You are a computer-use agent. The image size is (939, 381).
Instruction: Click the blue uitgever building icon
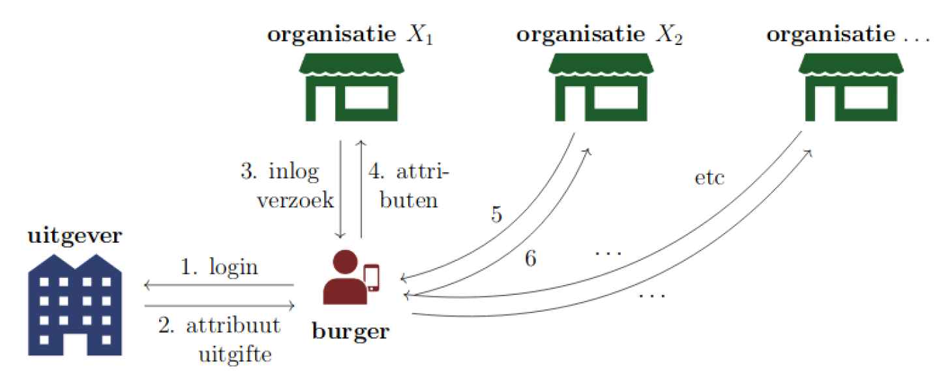[x=74, y=306]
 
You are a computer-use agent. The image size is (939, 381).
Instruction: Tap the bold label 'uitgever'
[x=74, y=235]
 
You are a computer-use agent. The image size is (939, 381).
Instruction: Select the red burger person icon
[x=343, y=279]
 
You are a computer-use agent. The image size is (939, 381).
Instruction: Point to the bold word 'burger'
[x=351, y=331]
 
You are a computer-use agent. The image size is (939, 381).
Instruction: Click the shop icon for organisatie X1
[x=351, y=87]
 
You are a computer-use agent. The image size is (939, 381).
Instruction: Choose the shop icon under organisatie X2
[x=601, y=87]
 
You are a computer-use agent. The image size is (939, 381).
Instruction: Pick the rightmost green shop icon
[x=852, y=87]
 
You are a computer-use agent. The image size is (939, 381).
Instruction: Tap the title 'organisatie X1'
[x=351, y=35]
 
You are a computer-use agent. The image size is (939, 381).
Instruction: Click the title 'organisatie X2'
[x=600, y=35]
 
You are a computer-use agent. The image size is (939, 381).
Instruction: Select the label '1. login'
[x=219, y=267]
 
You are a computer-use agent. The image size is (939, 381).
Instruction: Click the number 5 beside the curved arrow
[x=497, y=216]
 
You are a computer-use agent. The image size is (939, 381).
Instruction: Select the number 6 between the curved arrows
[x=530, y=260]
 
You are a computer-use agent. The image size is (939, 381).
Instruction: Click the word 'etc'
[x=709, y=178]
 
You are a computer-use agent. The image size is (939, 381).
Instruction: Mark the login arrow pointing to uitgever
[x=219, y=285]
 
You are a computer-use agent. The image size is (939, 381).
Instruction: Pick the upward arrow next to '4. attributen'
[x=360, y=189]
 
